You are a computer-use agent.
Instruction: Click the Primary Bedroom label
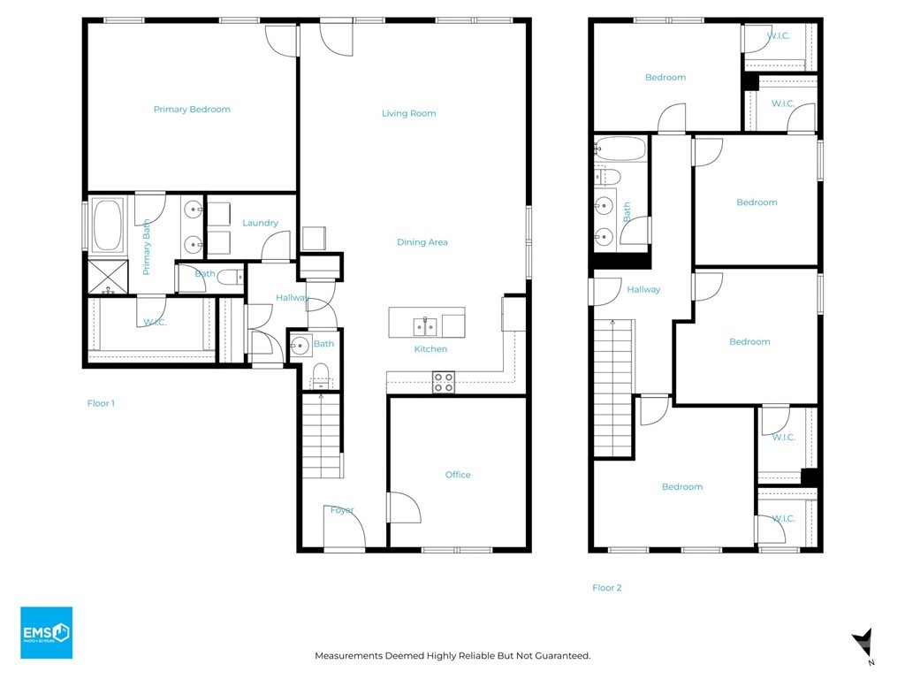pyautogui.click(x=192, y=110)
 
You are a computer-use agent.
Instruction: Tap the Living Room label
pyautogui.click(x=408, y=113)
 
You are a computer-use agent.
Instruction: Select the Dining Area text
pyautogui.click(x=422, y=242)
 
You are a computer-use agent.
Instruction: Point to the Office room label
pyautogui.click(x=458, y=475)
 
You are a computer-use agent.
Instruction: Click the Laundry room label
pyautogui.click(x=260, y=223)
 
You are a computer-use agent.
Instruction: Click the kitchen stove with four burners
pyautogui.click(x=443, y=382)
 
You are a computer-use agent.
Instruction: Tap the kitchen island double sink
pyautogui.click(x=425, y=326)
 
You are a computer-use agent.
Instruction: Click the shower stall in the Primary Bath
pyautogui.click(x=106, y=277)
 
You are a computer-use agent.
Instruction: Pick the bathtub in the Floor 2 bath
pyautogui.click(x=620, y=149)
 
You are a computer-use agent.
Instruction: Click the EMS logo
pyautogui.click(x=46, y=632)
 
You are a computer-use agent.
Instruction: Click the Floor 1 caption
pyautogui.click(x=101, y=403)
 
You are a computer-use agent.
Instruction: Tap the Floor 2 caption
pyautogui.click(x=606, y=587)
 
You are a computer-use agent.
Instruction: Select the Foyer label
pyautogui.click(x=342, y=510)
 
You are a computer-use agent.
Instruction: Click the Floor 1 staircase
pyautogui.click(x=322, y=435)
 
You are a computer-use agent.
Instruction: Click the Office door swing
pyautogui.click(x=404, y=509)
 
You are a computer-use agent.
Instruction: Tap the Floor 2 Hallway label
pyautogui.click(x=643, y=289)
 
